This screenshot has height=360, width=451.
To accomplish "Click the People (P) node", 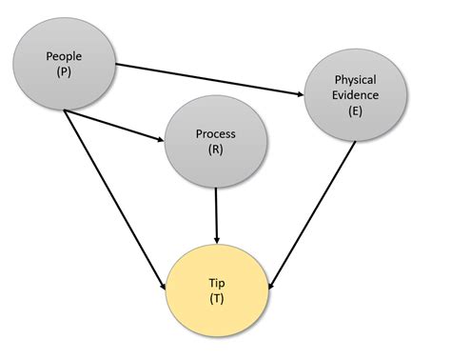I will point(64,65).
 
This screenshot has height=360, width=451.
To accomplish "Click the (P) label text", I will point(64,72).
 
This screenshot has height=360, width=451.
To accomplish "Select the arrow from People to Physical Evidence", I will point(209,79).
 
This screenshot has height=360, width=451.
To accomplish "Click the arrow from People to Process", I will point(112,127).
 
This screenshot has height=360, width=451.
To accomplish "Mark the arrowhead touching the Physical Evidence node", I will point(298,93).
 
